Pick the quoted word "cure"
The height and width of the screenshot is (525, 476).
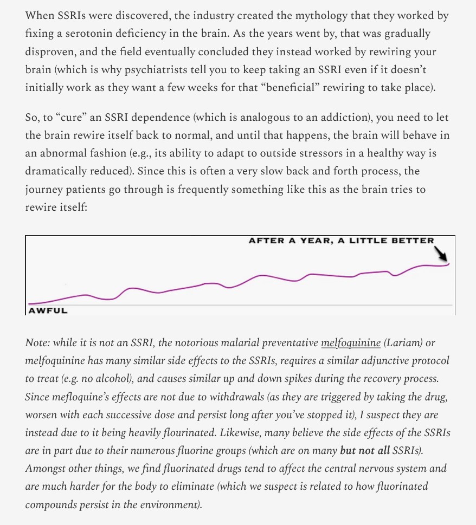pyautogui.click(x=72, y=117)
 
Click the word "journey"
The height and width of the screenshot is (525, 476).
pyautogui.click(x=44, y=190)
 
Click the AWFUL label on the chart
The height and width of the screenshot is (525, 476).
pyautogui.click(x=48, y=310)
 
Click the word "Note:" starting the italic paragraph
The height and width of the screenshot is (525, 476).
pyautogui.click(x=38, y=343)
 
